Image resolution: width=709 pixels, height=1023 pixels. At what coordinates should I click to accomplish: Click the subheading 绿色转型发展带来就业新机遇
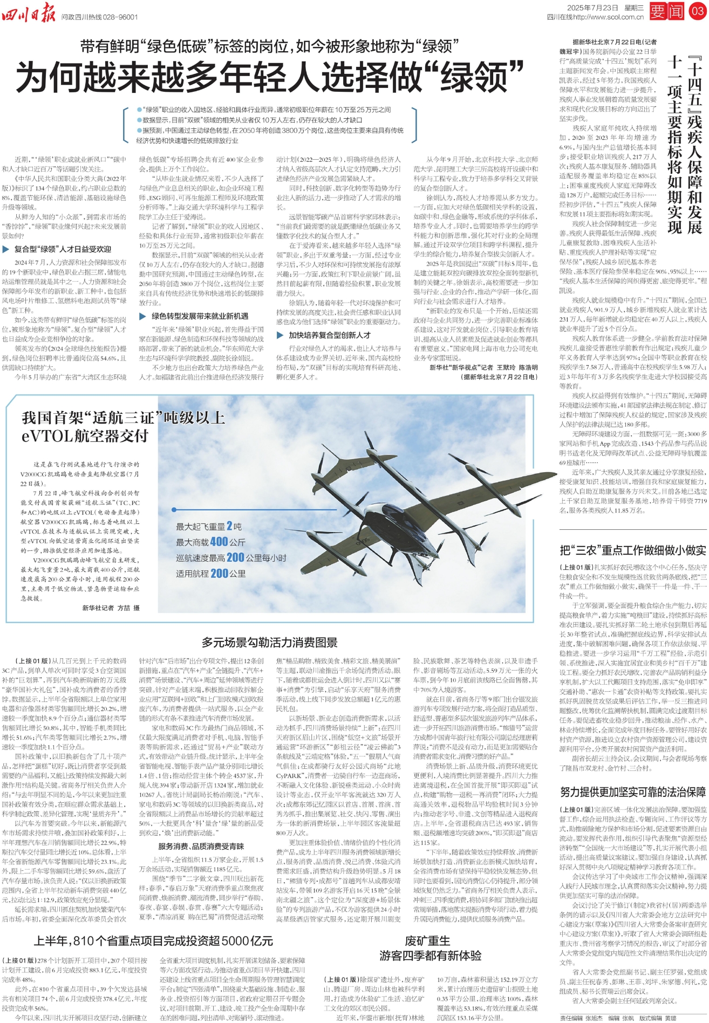200,316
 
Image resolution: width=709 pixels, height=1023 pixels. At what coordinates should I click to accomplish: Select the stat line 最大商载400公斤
210,542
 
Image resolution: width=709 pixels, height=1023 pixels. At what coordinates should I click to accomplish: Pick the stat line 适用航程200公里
210,574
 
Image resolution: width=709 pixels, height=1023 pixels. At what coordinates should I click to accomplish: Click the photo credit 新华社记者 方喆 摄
111,608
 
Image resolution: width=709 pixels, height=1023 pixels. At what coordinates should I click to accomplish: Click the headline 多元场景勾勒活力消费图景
269,642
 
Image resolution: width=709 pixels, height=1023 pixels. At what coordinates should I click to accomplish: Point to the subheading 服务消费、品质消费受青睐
201,847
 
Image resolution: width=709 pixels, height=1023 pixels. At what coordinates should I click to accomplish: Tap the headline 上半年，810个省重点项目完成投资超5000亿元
153,941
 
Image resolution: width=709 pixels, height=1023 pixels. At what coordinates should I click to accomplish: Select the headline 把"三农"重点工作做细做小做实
632,550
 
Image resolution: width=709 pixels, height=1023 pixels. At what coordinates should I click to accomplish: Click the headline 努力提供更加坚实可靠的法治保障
632,792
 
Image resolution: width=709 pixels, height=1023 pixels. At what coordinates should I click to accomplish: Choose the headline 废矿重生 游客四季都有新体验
430,948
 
